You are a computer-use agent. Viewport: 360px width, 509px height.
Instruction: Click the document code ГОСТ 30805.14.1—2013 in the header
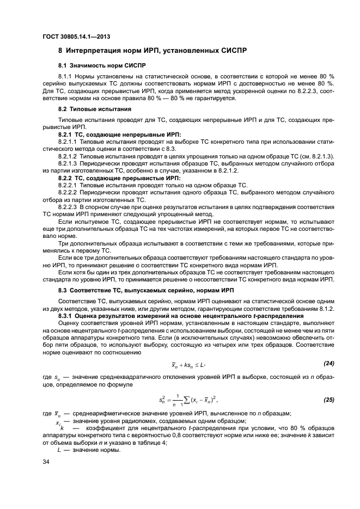tap(77, 36)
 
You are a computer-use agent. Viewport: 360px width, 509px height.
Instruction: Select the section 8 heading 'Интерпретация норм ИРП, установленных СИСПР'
tap(152, 51)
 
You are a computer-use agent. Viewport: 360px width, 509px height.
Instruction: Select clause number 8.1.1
tap(66, 77)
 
